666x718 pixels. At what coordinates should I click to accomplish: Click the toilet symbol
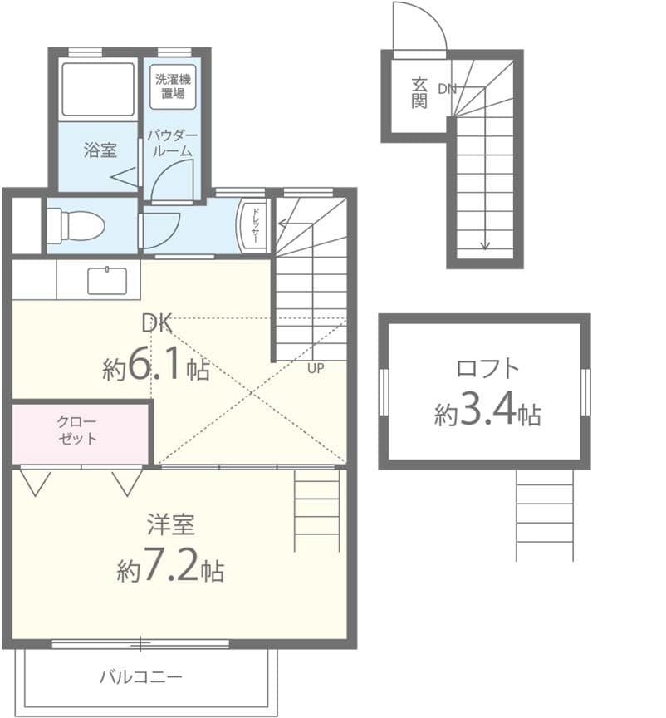coord(74,225)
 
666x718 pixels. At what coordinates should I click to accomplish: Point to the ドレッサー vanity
coord(253,225)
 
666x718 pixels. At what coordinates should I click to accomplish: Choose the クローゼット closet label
coord(79,430)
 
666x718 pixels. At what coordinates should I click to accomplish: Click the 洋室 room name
coord(170,525)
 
